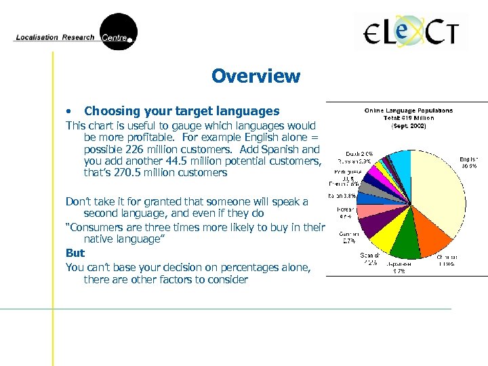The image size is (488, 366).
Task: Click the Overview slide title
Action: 256,76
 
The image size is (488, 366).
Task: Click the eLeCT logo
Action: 411,32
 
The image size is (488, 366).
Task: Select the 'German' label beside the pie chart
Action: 348,234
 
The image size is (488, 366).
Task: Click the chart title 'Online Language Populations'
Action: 408,110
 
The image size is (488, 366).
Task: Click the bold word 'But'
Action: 75,253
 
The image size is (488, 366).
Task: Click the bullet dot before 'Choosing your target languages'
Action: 68,111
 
